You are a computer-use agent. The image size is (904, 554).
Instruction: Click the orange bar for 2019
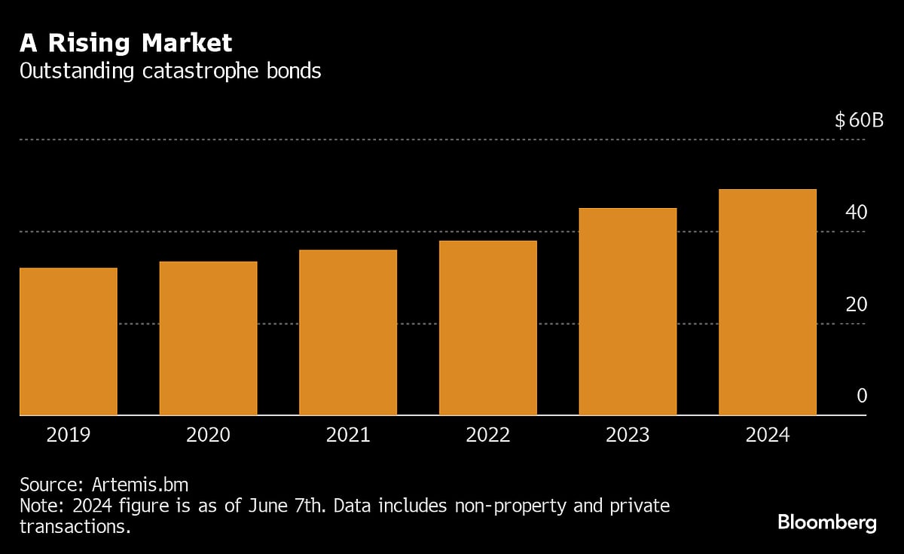coord(69,341)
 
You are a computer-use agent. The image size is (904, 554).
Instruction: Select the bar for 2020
coord(209,338)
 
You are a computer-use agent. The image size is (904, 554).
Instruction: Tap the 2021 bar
coord(348,332)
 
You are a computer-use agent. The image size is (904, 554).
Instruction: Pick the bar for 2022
coord(488,328)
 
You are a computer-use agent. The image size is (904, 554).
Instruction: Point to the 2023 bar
coord(628,311)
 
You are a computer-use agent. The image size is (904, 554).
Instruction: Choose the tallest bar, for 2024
coord(768,302)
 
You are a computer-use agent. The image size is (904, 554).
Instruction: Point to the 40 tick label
coord(857,213)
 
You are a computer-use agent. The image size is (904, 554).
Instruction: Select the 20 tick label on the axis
coord(857,305)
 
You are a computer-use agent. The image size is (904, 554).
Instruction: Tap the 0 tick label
coord(862,396)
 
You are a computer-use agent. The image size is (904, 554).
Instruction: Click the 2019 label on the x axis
coord(69,436)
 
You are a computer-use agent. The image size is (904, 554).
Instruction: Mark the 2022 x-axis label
coord(488,436)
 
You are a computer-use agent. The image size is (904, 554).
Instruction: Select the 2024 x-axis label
coord(768,436)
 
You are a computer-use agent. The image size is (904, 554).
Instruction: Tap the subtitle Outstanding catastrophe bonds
coord(170,72)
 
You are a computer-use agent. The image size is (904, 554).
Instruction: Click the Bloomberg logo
coord(826,522)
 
